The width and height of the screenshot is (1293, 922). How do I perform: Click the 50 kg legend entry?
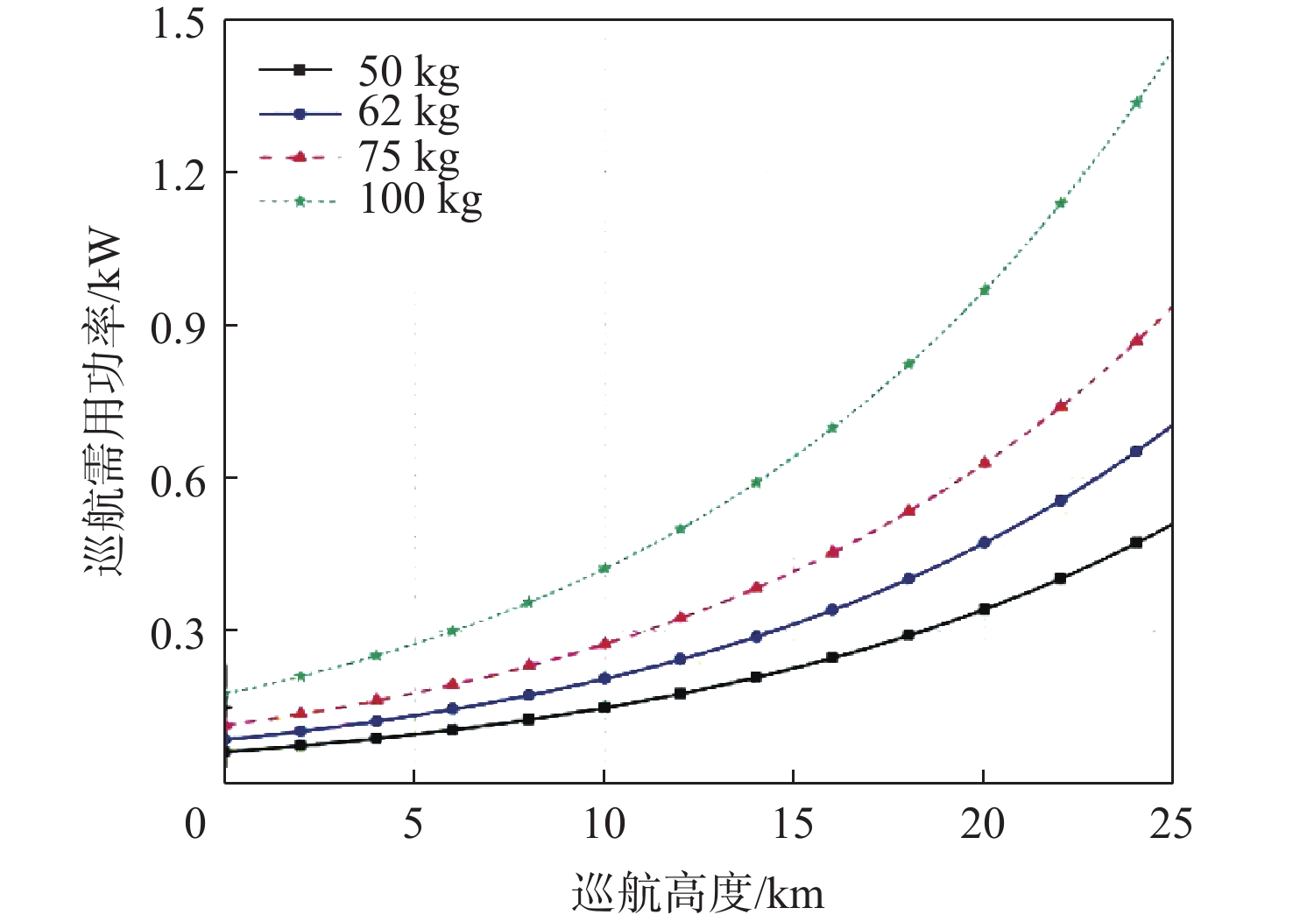tap(408, 72)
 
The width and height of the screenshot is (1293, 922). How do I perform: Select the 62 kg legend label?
tap(408, 114)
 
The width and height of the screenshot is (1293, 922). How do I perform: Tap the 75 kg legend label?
tap(408, 158)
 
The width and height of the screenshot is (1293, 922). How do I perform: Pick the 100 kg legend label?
tap(420, 200)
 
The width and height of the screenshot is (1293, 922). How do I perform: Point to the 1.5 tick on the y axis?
tap(179, 24)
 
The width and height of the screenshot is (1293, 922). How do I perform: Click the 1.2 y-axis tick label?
tap(179, 175)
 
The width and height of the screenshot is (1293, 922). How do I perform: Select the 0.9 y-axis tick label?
tap(179, 328)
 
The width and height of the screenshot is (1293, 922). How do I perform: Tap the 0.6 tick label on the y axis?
tap(179, 481)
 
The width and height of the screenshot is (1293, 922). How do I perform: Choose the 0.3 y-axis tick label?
tap(179, 633)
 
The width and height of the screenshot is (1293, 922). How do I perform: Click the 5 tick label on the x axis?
tap(413, 824)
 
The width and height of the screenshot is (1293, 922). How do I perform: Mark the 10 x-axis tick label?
tap(604, 824)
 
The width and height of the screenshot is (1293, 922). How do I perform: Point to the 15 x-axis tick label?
tap(793, 824)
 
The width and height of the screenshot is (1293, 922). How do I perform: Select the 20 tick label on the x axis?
tap(982, 824)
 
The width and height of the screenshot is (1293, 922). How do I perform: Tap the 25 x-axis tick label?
tap(1171, 824)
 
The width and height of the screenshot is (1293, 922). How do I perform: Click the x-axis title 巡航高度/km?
tap(698, 893)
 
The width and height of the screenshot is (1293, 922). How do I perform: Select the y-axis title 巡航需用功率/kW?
tap(105, 403)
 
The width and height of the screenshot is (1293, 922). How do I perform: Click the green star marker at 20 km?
tap(985, 290)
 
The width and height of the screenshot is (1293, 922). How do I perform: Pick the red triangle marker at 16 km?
tap(833, 552)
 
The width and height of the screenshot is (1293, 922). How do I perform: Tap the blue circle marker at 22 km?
tap(1061, 501)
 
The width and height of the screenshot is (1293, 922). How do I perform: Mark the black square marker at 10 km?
tap(604, 707)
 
